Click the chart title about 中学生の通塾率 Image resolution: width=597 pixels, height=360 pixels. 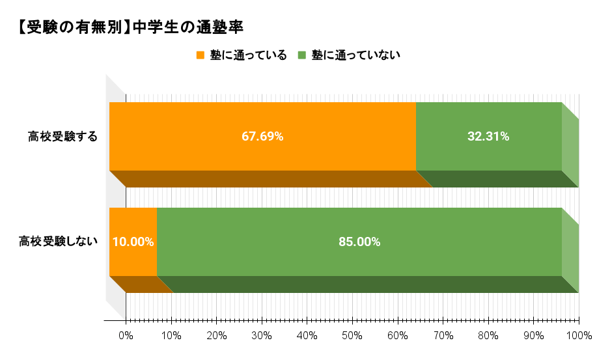131,28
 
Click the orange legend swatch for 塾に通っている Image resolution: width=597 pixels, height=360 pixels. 201,55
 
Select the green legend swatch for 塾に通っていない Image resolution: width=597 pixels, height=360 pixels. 302,55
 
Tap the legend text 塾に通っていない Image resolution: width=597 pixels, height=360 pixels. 355,55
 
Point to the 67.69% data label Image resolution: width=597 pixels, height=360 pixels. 262,137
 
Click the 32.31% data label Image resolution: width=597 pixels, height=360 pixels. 488,137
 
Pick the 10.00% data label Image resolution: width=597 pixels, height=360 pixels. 133,242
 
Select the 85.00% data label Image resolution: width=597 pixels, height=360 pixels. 359,242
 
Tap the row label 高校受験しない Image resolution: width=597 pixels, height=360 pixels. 58,242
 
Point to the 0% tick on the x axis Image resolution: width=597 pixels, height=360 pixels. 126,336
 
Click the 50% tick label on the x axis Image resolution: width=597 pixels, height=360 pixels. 352,336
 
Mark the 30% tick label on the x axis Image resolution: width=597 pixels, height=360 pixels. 262,336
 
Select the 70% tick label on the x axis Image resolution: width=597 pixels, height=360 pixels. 443,336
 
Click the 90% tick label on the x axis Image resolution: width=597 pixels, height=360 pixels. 533,336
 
